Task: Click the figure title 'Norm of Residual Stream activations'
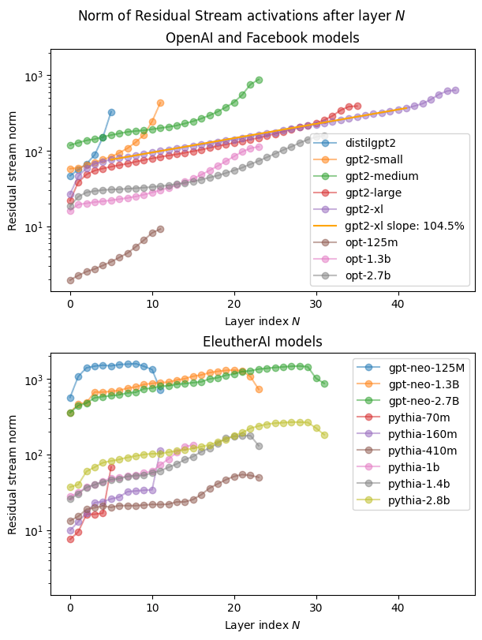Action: point(241,16)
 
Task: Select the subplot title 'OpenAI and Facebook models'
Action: point(262,38)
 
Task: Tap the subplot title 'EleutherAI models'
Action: point(262,342)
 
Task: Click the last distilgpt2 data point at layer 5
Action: point(111,112)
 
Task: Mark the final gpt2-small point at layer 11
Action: point(160,103)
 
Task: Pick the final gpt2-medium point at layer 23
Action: point(259,80)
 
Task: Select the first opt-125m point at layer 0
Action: point(70,280)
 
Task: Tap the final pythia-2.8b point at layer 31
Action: point(324,435)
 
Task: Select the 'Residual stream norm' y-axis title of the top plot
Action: point(13,170)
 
